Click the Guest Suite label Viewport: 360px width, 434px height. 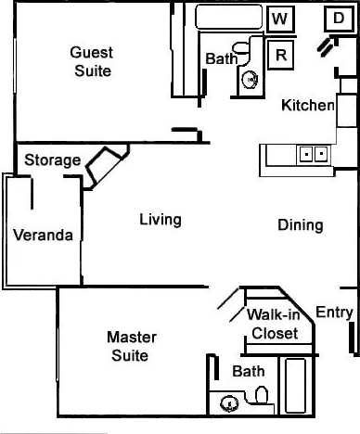coord(91,61)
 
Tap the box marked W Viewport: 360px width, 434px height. coord(280,19)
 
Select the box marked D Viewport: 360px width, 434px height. coord(337,18)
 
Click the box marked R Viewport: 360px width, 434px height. coord(281,55)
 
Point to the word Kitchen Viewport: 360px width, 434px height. coord(307,106)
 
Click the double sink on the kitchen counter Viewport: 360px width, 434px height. coord(313,154)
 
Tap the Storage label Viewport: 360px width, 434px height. coord(52,160)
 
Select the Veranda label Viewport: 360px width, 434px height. coord(43,235)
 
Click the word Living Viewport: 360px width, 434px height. coord(160,220)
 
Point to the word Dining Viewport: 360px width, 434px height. coord(300,224)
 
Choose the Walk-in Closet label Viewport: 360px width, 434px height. coord(274,324)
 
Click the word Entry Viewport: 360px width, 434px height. coord(334,313)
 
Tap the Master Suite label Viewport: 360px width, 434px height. coord(131,346)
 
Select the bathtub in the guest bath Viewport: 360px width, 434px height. coord(228,17)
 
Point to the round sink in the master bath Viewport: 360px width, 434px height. coord(228,403)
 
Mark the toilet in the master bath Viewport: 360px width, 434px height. coord(261,399)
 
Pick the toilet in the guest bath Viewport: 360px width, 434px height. coord(243,46)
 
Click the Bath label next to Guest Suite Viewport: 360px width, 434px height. coord(221,58)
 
